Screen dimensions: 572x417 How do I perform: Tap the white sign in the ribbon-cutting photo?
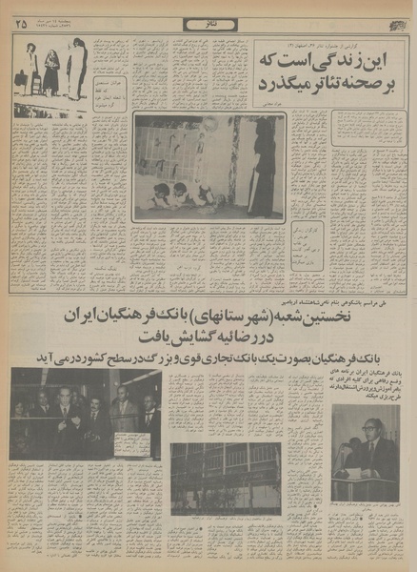[129, 445]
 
